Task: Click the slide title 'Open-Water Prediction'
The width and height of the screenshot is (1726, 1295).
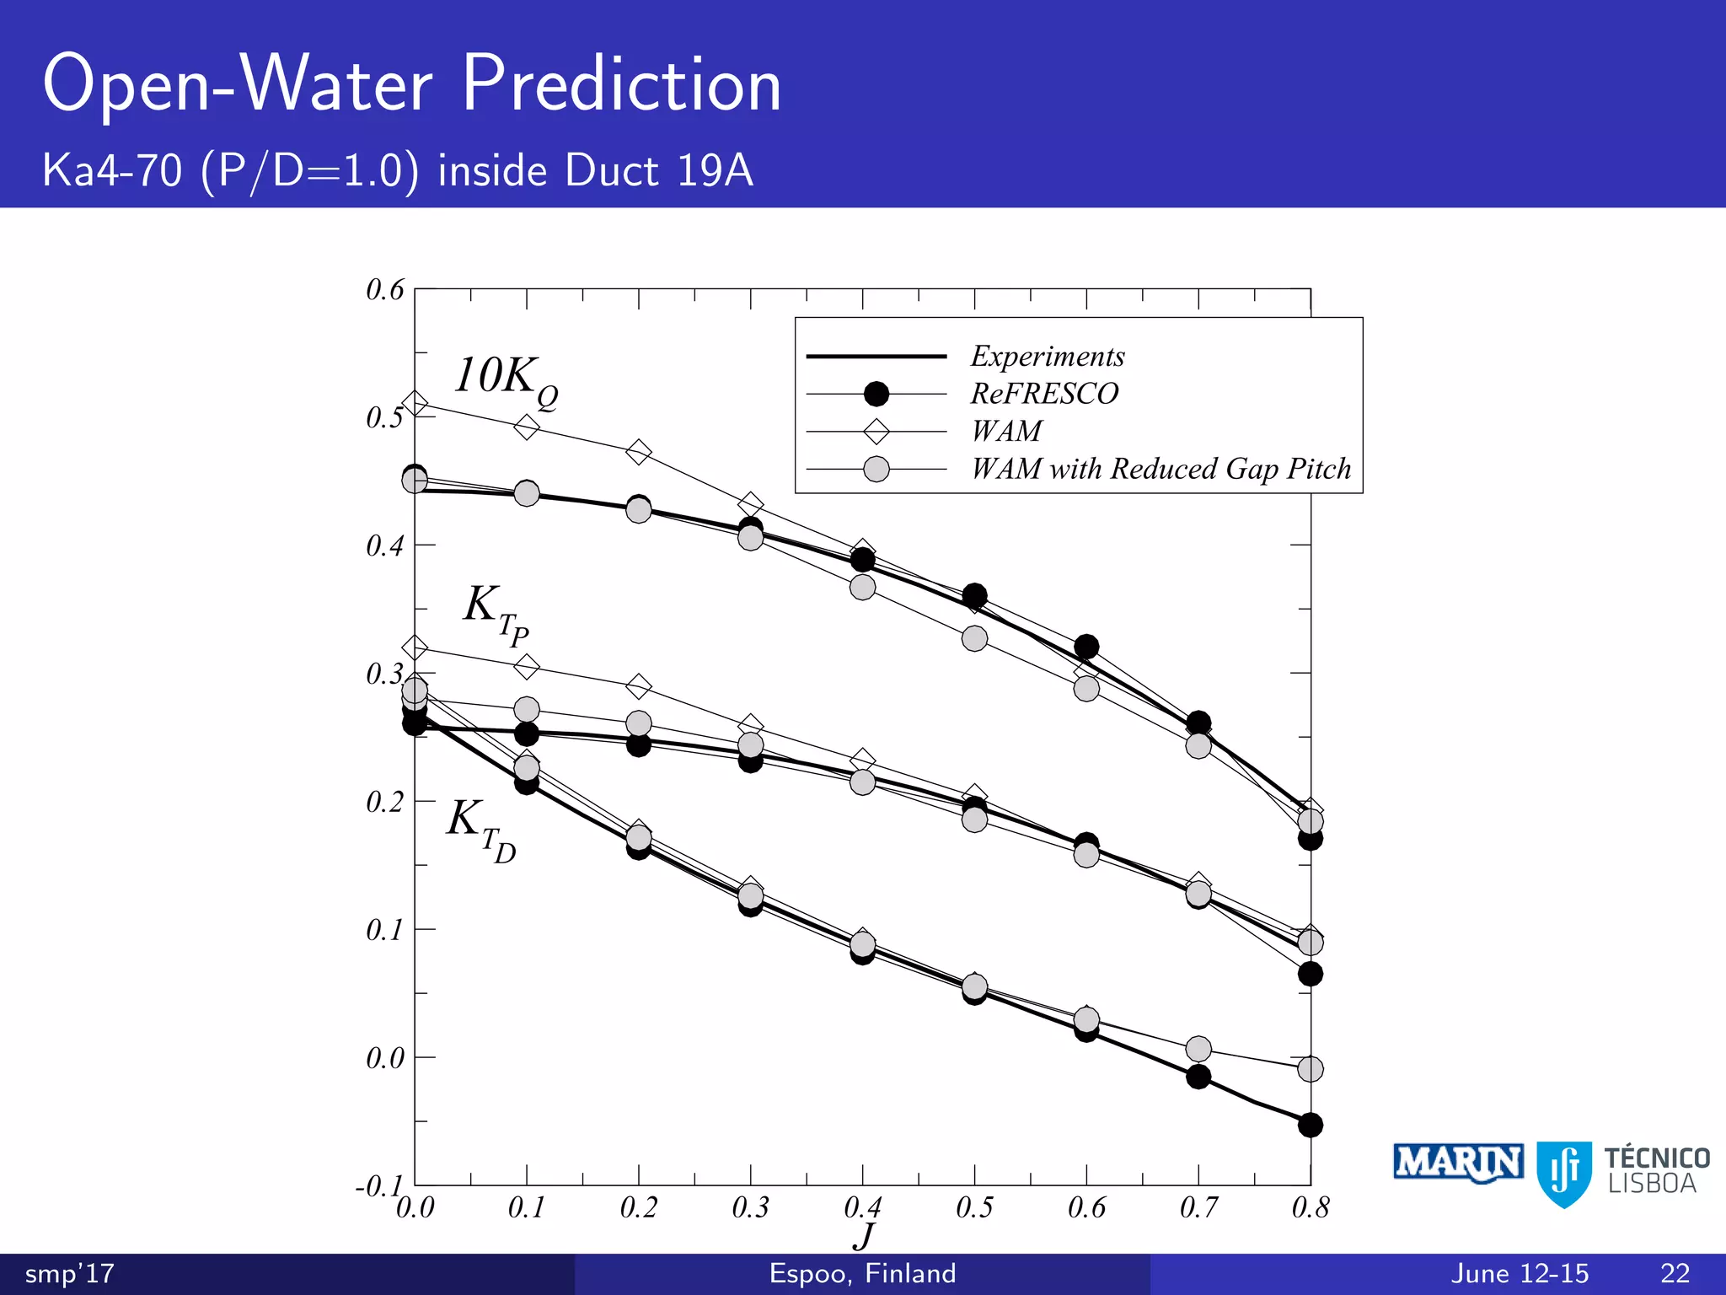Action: pyautogui.click(x=412, y=84)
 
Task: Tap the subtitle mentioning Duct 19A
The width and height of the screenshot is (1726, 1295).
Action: pyautogui.click(x=398, y=171)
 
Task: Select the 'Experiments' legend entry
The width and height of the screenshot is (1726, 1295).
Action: pyautogui.click(x=1048, y=357)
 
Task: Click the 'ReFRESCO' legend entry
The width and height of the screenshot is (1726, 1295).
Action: pyautogui.click(x=1044, y=394)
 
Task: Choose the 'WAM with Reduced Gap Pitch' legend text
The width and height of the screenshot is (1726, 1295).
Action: pyautogui.click(x=1160, y=469)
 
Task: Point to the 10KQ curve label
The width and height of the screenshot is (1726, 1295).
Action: pyautogui.click(x=505, y=380)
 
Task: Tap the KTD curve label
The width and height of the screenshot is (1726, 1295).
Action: pyautogui.click(x=481, y=828)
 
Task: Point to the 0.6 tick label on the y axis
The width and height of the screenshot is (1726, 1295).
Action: pyautogui.click(x=385, y=290)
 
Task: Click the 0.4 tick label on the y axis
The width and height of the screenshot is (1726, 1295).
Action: pyautogui.click(x=385, y=546)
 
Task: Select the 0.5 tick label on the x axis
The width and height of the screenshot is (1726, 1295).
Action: pyautogui.click(x=974, y=1208)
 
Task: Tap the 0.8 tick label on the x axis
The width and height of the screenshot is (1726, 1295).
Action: pyautogui.click(x=1310, y=1208)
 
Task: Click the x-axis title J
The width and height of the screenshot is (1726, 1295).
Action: pyautogui.click(x=864, y=1237)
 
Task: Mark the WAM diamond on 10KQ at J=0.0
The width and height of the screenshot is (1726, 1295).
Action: pyautogui.click(x=415, y=404)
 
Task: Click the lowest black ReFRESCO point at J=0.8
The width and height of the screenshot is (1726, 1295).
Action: pyautogui.click(x=1310, y=1125)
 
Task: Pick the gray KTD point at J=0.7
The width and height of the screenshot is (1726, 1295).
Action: pyautogui.click(x=1198, y=1049)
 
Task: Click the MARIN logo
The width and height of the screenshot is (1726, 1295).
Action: pyautogui.click(x=1458, y=1163)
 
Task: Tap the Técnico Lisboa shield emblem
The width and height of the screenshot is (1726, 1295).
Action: pyautogui.click(x=1564, y=1173)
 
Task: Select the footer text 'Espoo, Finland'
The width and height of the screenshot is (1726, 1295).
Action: pyautogui.click(x=862, y=1273)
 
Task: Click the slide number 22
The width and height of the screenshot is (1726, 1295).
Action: pyautogui.click(x=1675, y=1273)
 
